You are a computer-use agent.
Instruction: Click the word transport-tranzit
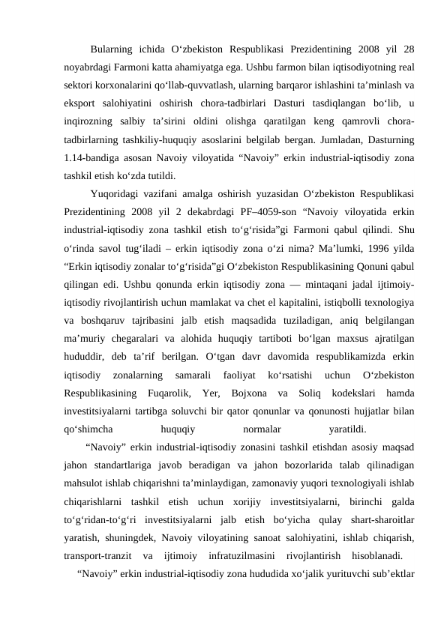pyautogui.click(x=97, y=556)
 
